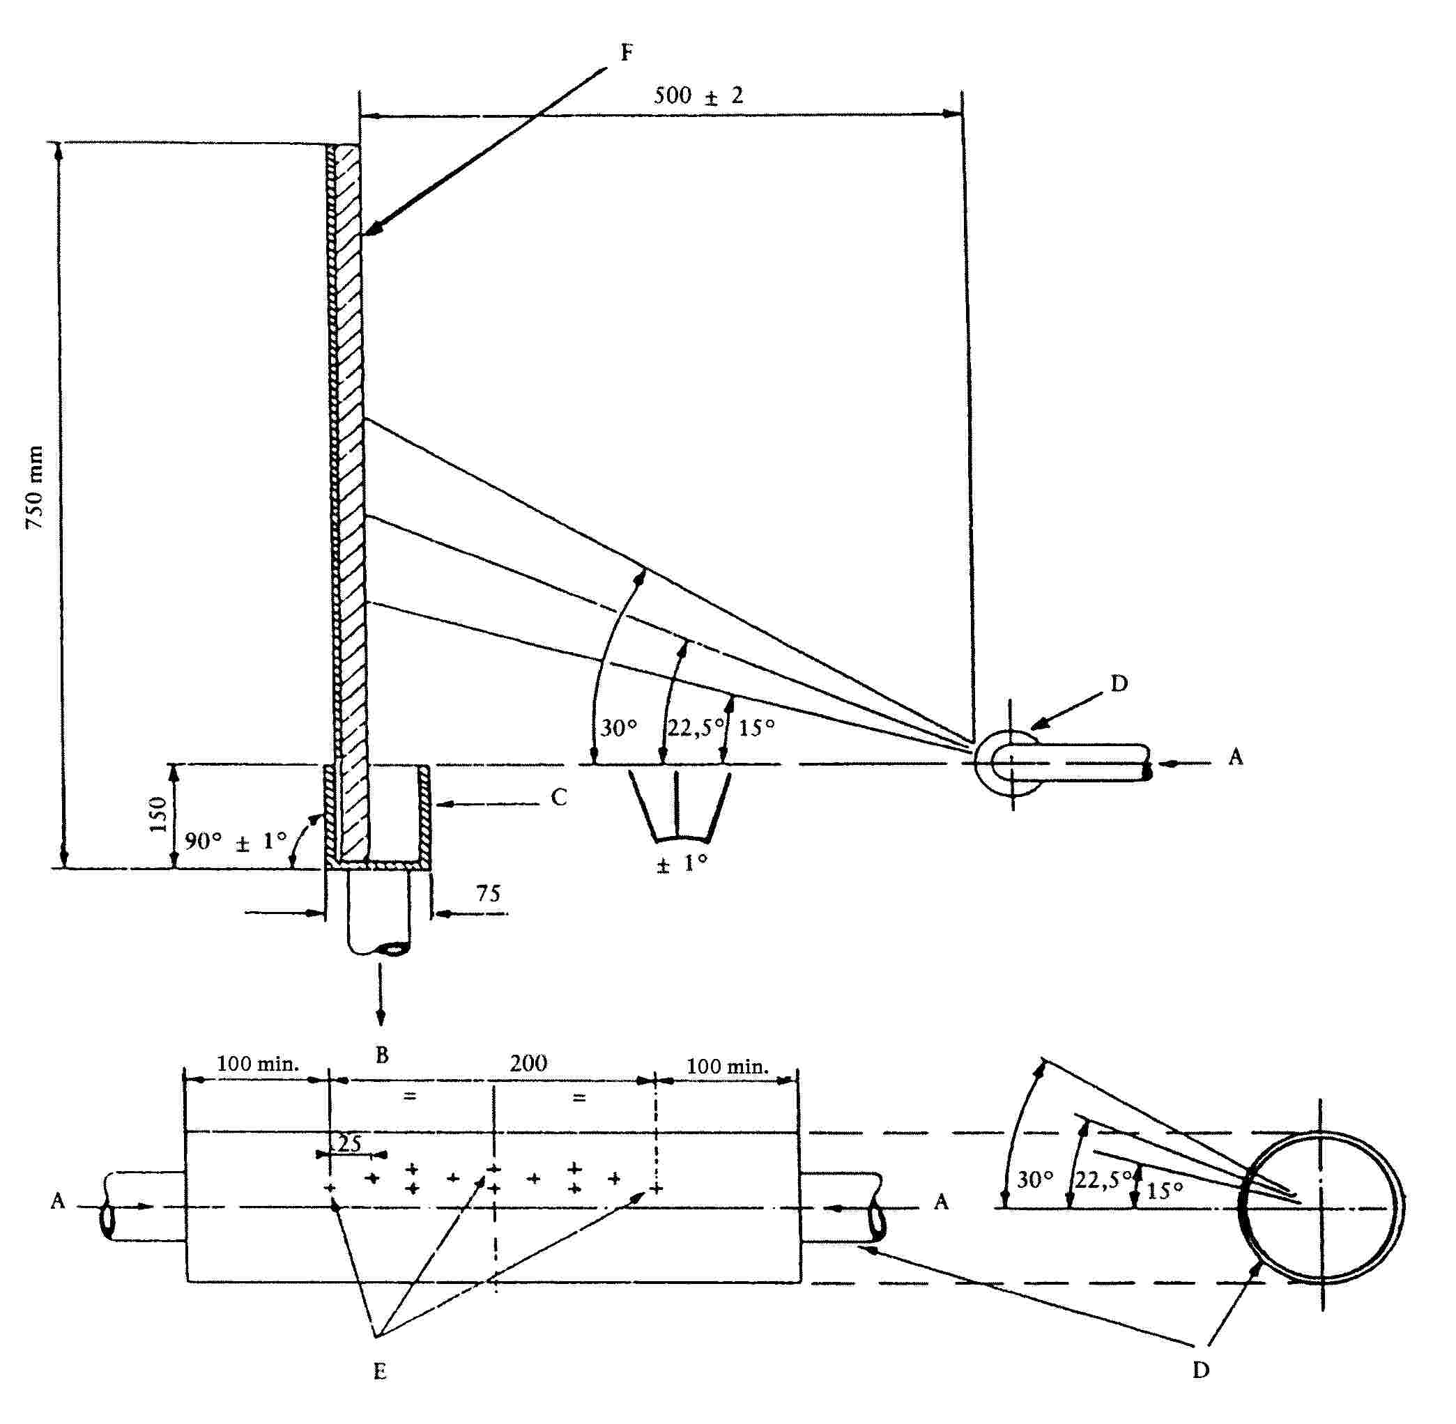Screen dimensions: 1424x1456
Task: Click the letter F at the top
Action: click(627, 52)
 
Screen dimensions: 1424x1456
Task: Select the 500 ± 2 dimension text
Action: click(698, 95)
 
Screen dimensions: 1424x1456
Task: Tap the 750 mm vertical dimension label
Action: click(34, 487)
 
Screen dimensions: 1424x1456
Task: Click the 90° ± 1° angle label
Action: click(236, 841)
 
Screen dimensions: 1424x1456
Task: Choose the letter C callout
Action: click(559, 797)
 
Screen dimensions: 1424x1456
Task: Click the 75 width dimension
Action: click(488, 893)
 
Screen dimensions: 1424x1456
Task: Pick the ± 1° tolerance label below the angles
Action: click(682, 864)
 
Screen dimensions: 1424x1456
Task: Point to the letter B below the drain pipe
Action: click(381, 1055)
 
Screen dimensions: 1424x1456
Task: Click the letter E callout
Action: click(379, 1370)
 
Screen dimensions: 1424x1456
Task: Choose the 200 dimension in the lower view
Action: click(528, 1062)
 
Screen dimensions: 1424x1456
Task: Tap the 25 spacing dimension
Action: click(348, 1143)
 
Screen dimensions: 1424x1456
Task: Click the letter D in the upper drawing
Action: click(1119, 683)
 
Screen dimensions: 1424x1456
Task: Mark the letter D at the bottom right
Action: click(1200, 1370)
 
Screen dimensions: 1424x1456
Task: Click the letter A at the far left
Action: click(58, 1201)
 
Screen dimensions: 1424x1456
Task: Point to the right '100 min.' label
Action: click(727, 1067)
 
